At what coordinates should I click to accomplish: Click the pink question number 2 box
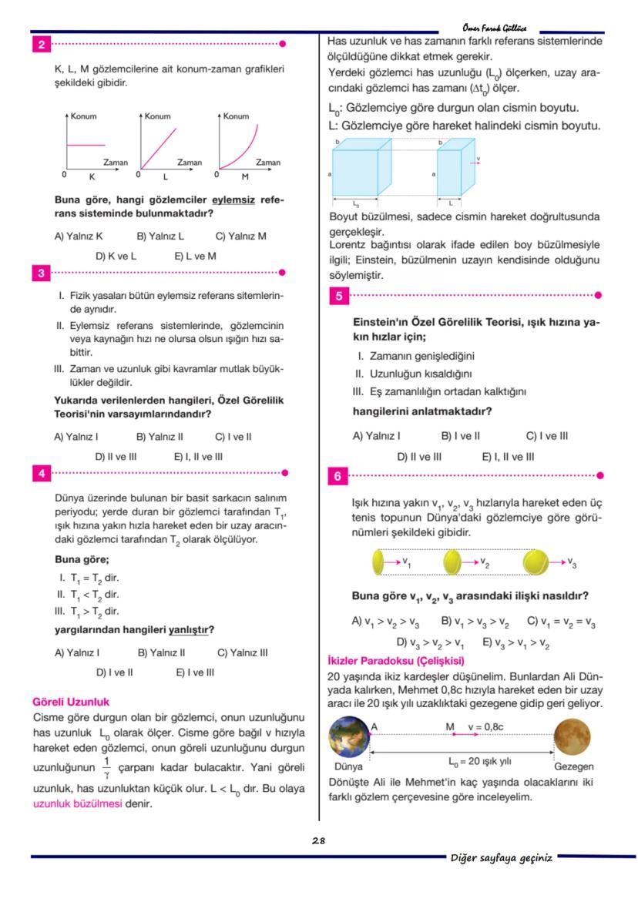tap(40, 44)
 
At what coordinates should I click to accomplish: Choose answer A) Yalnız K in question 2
tap(79, 236)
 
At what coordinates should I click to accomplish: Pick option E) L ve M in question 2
tap(195, 256)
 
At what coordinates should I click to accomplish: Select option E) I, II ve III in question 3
tap(198, 456)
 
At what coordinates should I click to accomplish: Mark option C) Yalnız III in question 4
tap(243, 652)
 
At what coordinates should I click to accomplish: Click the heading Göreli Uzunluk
tap(71, 702)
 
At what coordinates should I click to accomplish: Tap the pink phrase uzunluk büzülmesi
tap(77, 803)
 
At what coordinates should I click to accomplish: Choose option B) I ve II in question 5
tap(460, 436)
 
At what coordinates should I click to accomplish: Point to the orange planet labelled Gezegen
tap(573, 739)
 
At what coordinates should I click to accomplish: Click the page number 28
tap(318, 840)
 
